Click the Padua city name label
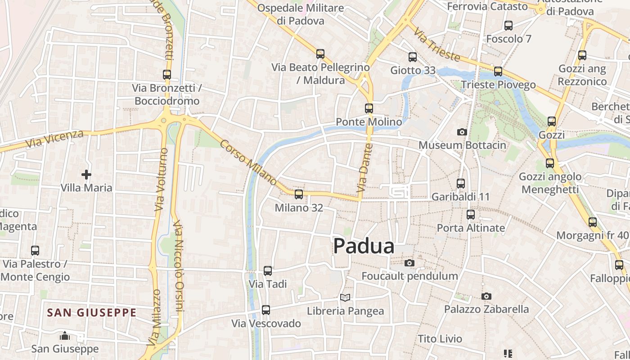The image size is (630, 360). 364,246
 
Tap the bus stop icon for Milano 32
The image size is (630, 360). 298,194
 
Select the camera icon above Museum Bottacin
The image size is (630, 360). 462,132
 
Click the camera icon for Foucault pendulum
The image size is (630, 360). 409,263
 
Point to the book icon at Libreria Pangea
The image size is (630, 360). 345,297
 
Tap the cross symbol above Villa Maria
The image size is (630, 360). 86,174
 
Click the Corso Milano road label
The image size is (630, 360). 248,163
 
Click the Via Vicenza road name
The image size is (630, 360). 54,139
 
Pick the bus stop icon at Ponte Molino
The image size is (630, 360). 369,108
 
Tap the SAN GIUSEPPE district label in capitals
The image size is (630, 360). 92,312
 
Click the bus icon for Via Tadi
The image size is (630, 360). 268,270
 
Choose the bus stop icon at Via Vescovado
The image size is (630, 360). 266,310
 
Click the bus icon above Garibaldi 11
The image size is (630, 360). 460,183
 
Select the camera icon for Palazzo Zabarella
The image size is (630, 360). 486,296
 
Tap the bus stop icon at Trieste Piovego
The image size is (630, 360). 498,71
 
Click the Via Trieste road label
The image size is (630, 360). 437,45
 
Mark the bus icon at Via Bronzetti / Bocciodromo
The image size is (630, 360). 167,74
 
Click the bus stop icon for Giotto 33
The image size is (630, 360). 413,57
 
